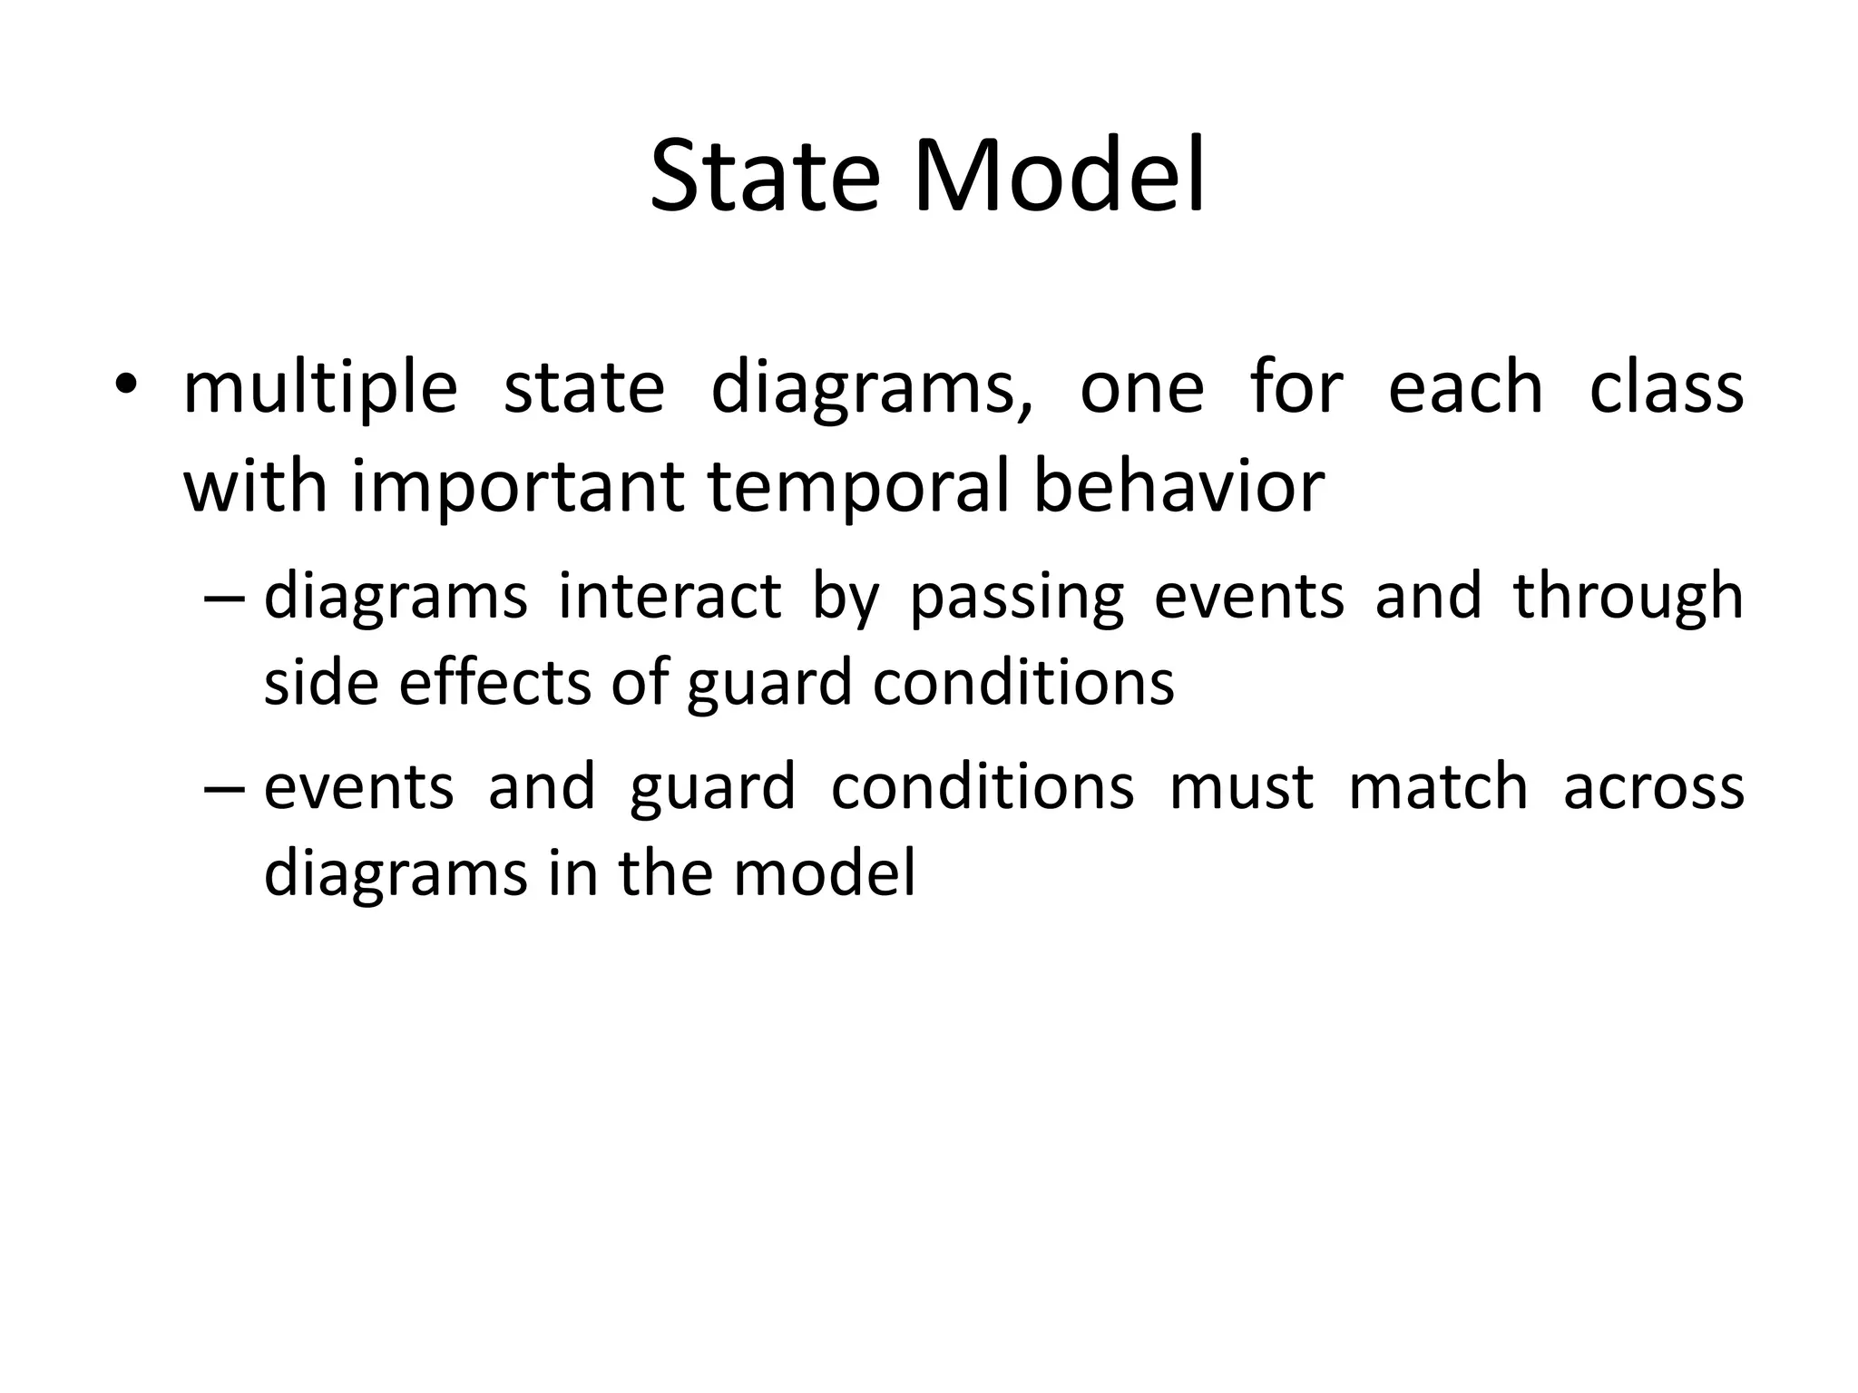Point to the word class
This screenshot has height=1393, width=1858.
pyautogui.click(x=1667, y=388)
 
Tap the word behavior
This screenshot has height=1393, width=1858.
pyautogui.click(x=1178, y=486)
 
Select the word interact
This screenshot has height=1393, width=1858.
pyautogui.click(x=670, y=597)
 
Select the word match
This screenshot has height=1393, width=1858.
pyautogui.click(x=1438, y=785)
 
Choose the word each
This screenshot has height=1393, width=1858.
pyautogui.click(x=1465, y=388)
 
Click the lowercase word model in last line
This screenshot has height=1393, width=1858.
pyautogui.click(x=824, y=872)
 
